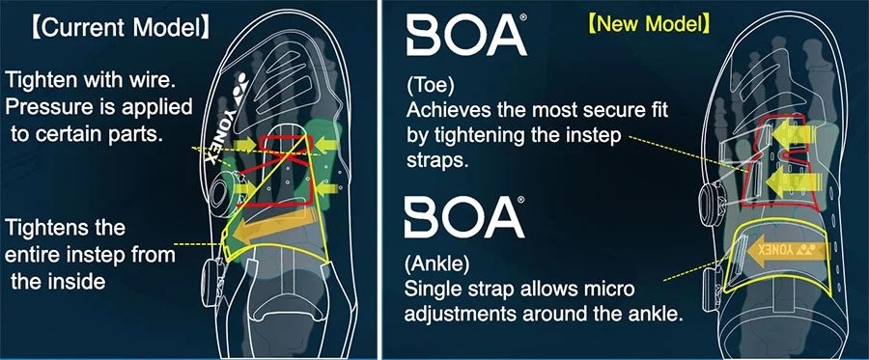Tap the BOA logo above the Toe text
466,36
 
